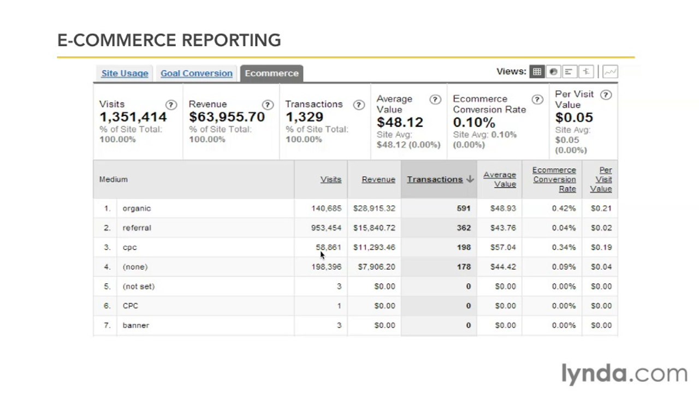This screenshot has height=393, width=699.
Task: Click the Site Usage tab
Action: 125,73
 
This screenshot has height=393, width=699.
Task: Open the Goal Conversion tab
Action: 197,73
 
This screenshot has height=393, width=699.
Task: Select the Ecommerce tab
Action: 272,73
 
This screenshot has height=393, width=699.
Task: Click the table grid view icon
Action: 537,72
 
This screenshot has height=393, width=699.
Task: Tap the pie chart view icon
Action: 553,72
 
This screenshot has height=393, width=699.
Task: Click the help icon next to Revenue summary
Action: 268,105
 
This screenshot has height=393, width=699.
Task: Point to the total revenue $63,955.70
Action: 227,117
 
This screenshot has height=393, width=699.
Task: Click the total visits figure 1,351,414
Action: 133,117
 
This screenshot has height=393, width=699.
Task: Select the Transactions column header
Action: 435,180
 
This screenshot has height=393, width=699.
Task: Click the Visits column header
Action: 331,180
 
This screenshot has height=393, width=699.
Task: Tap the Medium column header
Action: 113,180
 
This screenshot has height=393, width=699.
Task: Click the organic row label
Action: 137,209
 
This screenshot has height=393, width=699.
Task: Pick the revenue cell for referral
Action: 374,228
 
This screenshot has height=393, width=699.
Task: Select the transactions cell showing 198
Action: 464,247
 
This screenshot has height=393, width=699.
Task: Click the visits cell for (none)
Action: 327,267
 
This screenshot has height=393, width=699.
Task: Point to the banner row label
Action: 136,325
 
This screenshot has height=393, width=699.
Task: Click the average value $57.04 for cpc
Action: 503,247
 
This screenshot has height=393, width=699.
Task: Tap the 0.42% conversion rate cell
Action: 564,209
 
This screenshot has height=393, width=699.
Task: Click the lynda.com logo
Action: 624,374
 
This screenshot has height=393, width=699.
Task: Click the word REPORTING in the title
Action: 231,40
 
